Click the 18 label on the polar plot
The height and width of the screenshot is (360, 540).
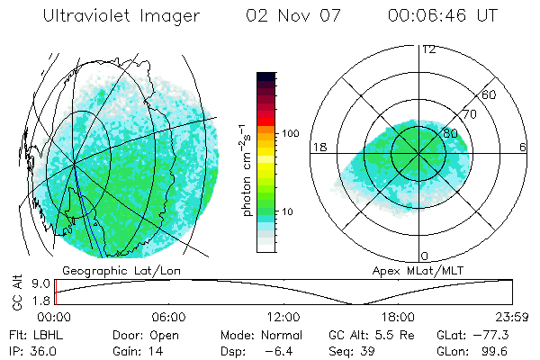(x=317, y=147)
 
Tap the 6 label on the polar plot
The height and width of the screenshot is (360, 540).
(x=523, y=147)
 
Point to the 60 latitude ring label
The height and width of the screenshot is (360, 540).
(x=490, y=94)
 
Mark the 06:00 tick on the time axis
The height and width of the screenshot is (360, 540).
(x=168, y=318)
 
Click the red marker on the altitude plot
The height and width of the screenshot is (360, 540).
(x=56, y=293)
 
